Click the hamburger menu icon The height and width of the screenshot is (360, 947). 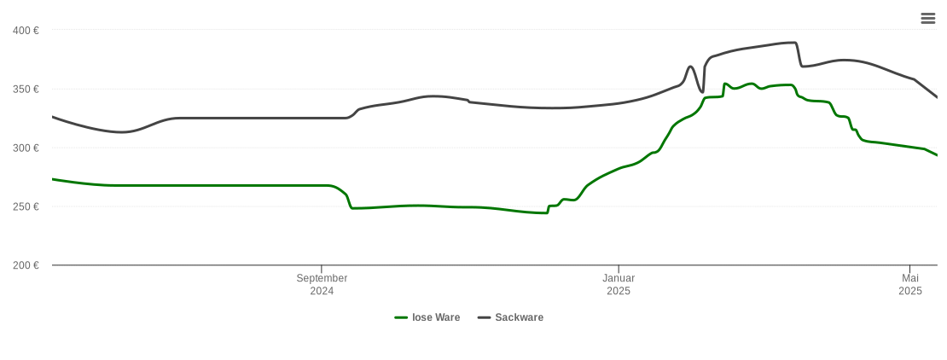[x=928, y=19]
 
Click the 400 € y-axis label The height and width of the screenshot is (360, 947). [x=26, y=31]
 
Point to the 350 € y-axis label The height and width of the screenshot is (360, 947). [x=26, y=90]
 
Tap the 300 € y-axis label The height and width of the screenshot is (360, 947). [x=26, y=148]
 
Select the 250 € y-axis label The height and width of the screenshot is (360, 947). [x=26, y=207]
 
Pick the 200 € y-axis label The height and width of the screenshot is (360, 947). [x=26, y=265]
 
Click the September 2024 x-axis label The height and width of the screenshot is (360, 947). [x=322, y=284]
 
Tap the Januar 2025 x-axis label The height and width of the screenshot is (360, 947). [x=619, y=284]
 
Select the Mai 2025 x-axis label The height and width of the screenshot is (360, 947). [x=910, y=284]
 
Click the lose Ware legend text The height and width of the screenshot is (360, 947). [x=436, y=317]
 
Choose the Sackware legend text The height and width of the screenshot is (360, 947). [x=519, y=317]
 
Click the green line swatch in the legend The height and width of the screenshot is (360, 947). [x=401, y=317]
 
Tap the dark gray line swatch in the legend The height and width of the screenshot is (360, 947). [x=485, y=317]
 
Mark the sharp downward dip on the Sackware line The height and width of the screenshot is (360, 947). [x=701, y=91]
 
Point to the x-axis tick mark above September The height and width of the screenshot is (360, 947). [x=322, y=269]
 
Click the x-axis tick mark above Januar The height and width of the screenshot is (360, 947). [x=619, y=269]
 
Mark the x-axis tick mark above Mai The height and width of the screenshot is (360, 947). [x=910, y=269]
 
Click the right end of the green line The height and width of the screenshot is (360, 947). [x=937, y=155]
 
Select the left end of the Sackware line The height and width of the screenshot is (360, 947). [x=53, y=117]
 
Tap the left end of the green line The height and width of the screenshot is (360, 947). [x=53, y=179]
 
